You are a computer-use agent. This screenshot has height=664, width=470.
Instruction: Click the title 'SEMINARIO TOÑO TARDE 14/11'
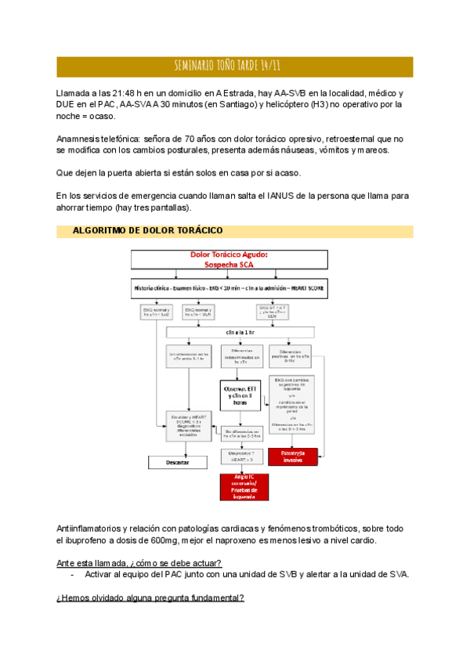point(234,66)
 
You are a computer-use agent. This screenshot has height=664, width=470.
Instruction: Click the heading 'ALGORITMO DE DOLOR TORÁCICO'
point(147,230)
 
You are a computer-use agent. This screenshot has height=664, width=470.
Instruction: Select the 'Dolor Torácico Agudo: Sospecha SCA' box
point(230,260)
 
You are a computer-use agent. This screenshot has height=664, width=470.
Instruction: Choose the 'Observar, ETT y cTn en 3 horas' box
point(241,394)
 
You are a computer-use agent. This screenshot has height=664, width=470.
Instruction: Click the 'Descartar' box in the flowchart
point(178,463)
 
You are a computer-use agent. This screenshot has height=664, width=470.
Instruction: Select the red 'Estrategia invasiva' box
point(292,456)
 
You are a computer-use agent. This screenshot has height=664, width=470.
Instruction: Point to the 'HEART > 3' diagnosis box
point(242,456)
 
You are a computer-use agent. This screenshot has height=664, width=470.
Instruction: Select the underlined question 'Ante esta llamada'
point(139,563)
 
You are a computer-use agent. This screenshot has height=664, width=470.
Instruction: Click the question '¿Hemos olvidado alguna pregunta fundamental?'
point(150,597)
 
